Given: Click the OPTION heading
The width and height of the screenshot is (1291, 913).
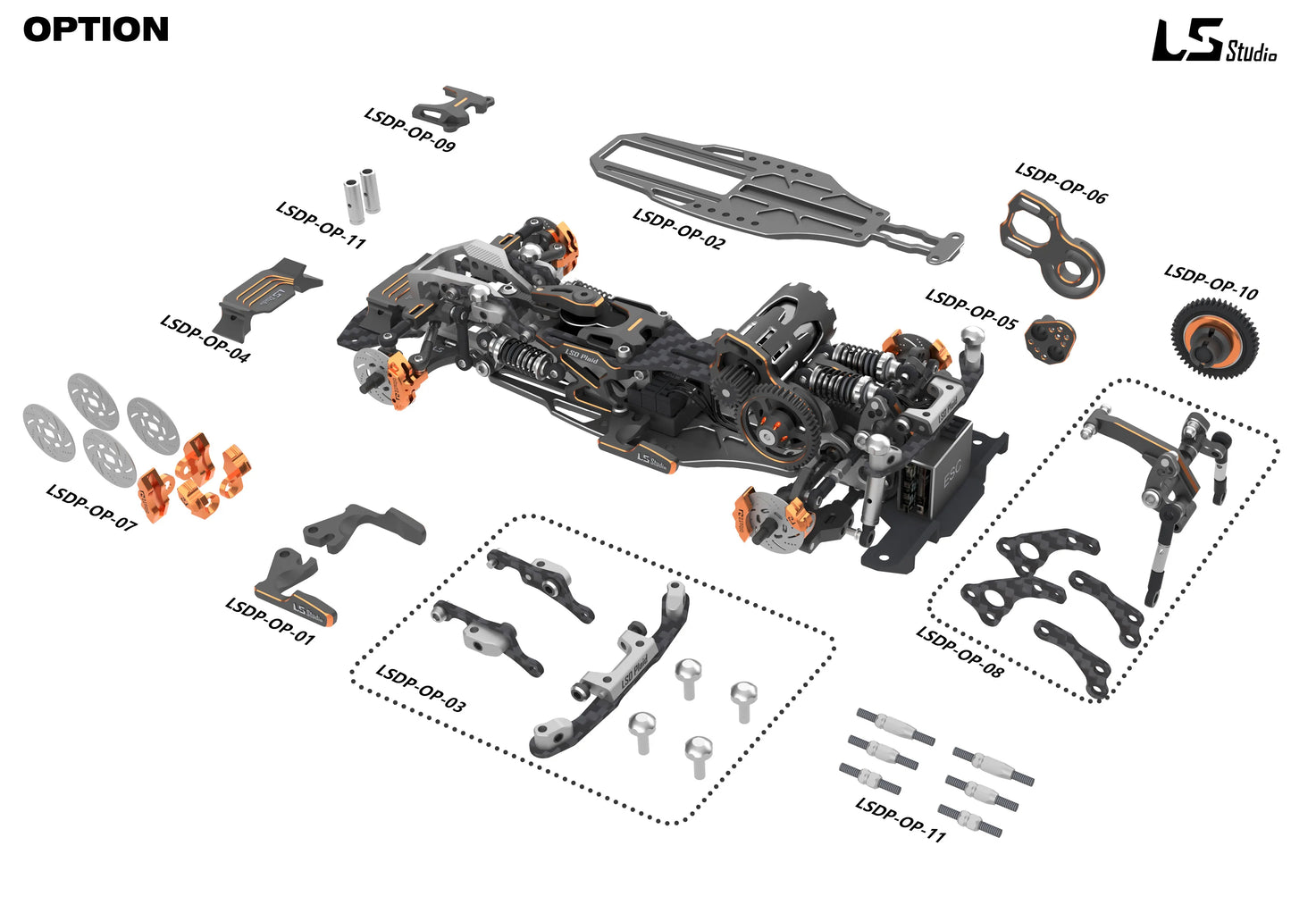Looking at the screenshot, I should coord(96,29).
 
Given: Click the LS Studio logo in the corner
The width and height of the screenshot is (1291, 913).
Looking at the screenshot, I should coord(1212,42).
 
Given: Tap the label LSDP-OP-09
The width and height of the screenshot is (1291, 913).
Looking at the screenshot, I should coord(409,130).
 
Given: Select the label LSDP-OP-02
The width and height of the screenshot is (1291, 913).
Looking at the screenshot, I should coord(678,229).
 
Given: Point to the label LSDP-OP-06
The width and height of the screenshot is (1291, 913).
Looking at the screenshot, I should coord(1060,183).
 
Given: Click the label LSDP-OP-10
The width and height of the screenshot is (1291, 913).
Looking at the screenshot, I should coord(1211,282).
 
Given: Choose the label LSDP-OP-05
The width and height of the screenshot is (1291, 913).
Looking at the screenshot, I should coord(970,309).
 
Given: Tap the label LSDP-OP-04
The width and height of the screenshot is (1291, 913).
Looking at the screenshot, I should coord(205,338).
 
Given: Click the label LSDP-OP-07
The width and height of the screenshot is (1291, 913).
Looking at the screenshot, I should coord(91,507).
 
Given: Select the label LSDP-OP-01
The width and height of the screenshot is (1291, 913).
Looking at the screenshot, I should coord(270,620).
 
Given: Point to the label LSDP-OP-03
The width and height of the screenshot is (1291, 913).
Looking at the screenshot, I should coord(420,688).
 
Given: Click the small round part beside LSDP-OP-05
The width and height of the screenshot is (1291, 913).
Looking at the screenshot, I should coord(1050,337).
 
